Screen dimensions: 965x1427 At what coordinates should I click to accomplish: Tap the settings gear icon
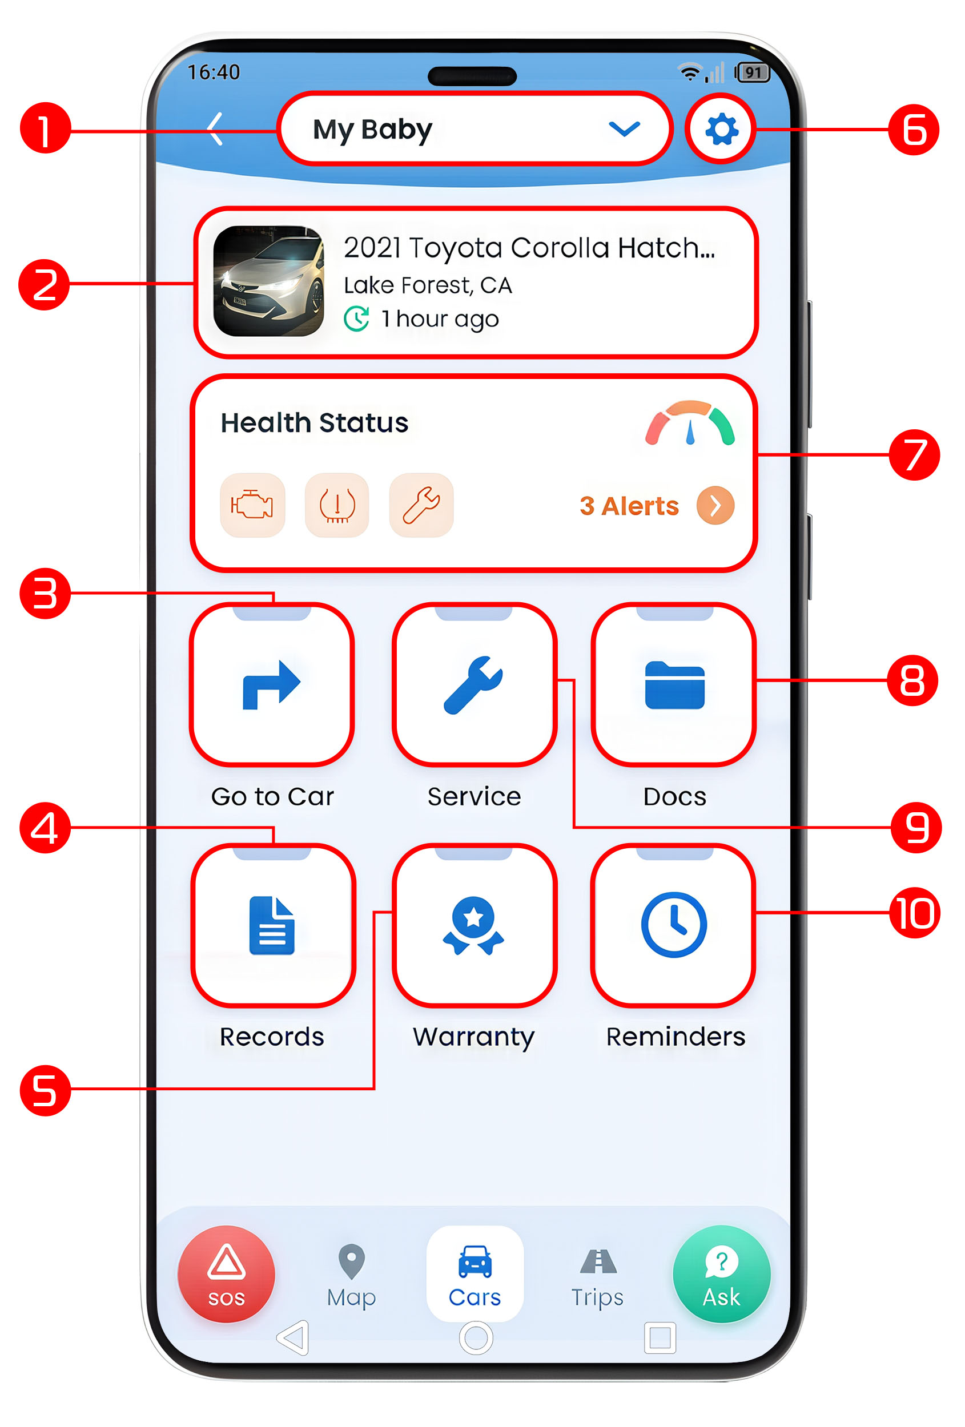[x=721, y=130]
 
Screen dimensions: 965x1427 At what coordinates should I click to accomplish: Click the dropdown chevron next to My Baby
[x=624, y=129]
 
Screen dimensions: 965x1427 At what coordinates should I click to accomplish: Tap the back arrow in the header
[x=215, y=129]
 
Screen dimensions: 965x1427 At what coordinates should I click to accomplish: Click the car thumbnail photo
[x=268, y=281]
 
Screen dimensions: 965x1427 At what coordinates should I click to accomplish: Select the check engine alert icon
[x=252, y=505]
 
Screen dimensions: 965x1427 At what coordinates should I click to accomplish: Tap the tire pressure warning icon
[x=337, y=505]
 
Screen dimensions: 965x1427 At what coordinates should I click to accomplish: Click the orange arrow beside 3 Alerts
[x=715, y=505]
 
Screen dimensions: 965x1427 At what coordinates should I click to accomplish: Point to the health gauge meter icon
[x=690, y=422]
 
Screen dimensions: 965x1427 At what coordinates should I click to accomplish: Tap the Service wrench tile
[x=474, y=684]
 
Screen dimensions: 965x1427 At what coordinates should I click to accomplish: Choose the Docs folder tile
[x=674, y=684]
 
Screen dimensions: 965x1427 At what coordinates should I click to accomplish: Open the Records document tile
[x=273, y=925]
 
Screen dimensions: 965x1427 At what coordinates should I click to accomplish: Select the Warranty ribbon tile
[x=474, y=925]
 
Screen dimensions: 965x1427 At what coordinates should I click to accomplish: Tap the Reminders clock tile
[x=674, y=925]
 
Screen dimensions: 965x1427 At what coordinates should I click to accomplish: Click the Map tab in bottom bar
[x=351, y=1276]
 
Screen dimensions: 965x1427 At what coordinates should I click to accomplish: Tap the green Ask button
[x=722, y=1274]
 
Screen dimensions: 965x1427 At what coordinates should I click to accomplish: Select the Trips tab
[x=598, y=1276]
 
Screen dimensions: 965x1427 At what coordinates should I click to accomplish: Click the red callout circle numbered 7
[x=914, y=455]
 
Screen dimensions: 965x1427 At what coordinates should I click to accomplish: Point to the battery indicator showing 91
[x=752, y=72]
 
